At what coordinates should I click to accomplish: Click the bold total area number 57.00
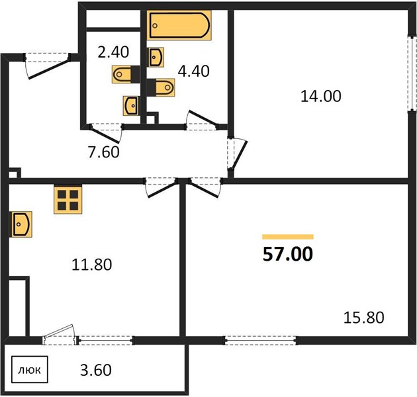pyautogui.click(x=288, y=254)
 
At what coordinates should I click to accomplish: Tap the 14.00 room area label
pyautogui.click(x=321, y=96)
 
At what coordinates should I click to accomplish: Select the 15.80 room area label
pyautogui.click(x=364, y=318)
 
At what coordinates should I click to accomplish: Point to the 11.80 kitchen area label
pyautogui.click(x=92, y=265)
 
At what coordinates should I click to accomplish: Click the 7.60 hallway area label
pyautogui.click(x=104, y=152)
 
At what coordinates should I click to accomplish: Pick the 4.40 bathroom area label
pyautogui.click(x=193, y=71)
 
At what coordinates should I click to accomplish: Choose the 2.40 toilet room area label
pyautogui.click(x=113, y=52)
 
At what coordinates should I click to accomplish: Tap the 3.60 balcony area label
pyautogui.click(x=96, y=370)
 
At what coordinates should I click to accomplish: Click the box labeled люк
pyautogui.click(x=30, y=370)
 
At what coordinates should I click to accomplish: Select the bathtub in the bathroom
pyautogui.click(x=179, y=26)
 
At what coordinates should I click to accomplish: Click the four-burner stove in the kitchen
pyautogui.click(x=68, y=200)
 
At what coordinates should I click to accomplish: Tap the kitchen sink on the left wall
pyautogui.click(x=21, y=224)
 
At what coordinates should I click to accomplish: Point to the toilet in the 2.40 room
pyautogui.click(x=126, y=74)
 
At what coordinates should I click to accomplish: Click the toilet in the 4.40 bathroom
pyautogui.click(x=161, y=87)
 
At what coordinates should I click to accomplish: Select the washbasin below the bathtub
pyautogui.click(x=156, y=58)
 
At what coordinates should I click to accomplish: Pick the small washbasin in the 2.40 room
pyautogui.click(x=131, y=106)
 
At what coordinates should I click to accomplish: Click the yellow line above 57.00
pyautogui.click(x=288, y=237)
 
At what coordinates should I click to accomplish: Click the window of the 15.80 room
pyautogui.click(x=261, y=340)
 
